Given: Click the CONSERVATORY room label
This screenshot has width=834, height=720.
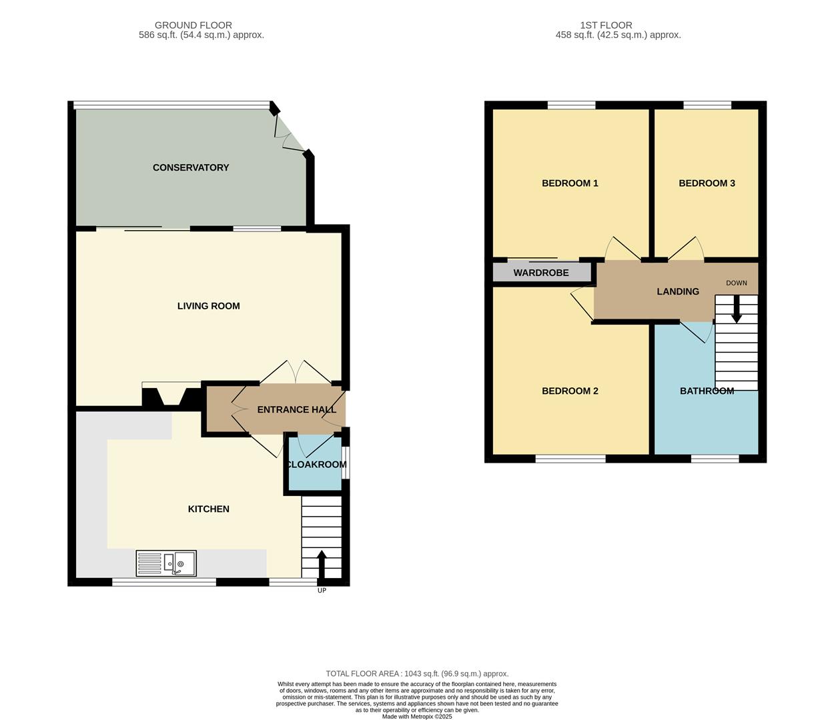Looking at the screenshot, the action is (x=191, y=167).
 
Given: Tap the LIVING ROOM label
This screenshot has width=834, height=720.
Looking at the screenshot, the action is (x=209, y=306).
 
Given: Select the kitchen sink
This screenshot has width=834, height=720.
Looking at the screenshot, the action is (x=166, y=563).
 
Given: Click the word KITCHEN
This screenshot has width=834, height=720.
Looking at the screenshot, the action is (x=209, y=509).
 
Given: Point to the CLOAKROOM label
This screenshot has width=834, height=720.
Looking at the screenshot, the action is (x=316, y=465).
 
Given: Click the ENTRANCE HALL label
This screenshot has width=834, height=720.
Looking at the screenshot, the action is (x=296, y=409).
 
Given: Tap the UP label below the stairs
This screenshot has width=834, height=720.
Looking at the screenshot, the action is (x=322, y=590).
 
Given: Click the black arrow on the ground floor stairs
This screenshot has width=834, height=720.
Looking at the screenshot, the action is (x=322, y=564).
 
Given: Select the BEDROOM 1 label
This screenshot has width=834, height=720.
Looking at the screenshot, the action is (x=570, y=183).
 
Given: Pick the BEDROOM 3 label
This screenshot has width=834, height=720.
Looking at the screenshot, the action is (x=707, y=183).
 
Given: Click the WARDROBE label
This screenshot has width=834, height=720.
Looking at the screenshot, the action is (x=541, y=273).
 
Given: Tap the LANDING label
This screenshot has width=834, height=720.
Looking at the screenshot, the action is (x=678, y=291).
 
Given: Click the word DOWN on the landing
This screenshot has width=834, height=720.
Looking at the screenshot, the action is (x=737, y=283).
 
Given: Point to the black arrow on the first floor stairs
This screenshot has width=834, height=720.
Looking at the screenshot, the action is (x=737, y=309).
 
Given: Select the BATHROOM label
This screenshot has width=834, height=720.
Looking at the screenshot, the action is (x=707, y=391).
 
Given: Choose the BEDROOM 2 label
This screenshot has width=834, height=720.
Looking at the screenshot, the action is (x=570, y=391).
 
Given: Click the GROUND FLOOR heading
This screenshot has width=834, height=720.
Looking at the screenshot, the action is (x=193, y=25).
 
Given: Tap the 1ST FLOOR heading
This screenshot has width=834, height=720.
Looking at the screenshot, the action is (x=606, y=25).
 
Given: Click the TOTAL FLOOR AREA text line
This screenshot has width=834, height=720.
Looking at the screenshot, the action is (x=417, y=673).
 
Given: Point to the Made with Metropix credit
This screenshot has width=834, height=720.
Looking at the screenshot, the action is (x=417, y=717).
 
